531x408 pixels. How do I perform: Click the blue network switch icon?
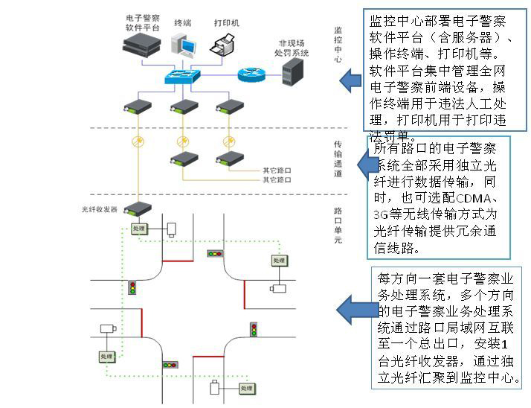tap(184, 76)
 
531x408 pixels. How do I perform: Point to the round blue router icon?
tap(250, 74)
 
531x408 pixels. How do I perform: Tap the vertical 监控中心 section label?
tap(338, 45)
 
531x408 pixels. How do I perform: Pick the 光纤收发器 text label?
tap(100, 210)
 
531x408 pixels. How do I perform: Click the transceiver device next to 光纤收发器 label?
tap(138, 209)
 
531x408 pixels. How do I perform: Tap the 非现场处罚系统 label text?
tap(292, 48)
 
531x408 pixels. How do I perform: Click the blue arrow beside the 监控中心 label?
tap(350, 80)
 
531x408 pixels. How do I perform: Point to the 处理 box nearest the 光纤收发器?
tap(140, 229)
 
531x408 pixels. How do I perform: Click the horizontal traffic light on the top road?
tap(216, 254)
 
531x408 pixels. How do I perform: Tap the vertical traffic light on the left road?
tap(134, 287)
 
